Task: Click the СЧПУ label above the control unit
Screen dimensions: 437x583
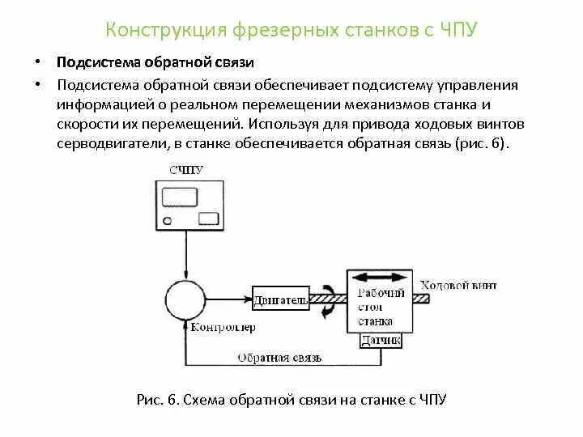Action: click(x=187, y=170)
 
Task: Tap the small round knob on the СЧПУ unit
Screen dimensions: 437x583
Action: click(x=167, y=220)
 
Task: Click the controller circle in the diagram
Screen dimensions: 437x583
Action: click(x=187, y=299)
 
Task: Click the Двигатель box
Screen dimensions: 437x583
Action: click(x=279, y=300)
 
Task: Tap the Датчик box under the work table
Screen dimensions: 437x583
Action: click(x=380, y=342)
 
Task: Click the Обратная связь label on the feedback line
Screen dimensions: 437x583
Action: click(x=279, y=356)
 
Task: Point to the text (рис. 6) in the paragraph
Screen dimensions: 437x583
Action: click(x=483, y=143)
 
